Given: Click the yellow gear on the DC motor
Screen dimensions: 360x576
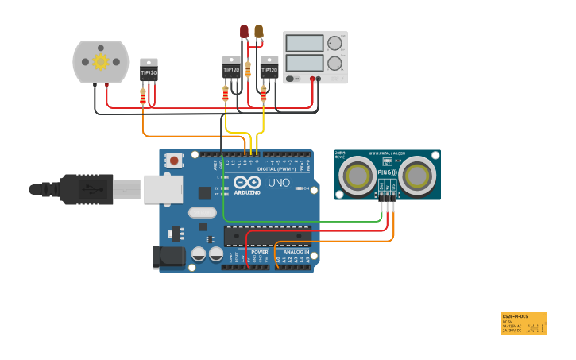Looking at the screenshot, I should coord(101,61).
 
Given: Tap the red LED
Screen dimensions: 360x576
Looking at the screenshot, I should coord(245,32).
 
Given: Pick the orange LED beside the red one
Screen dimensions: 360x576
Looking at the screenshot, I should coord(258,32).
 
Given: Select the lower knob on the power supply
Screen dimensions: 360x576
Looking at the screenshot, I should coord(335,63).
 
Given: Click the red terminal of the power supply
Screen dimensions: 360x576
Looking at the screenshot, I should coord(319,79).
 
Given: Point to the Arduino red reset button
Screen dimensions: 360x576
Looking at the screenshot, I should coord(173,161).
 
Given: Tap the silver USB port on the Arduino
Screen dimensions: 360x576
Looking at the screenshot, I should coord(163,190).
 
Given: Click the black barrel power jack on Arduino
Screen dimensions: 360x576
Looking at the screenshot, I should coord(168,256).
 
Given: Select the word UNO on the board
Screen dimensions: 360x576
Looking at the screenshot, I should coord(278,184).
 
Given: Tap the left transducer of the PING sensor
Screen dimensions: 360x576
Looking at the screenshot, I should coord(358,176).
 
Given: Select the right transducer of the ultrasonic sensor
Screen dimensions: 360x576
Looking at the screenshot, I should coord(417,175).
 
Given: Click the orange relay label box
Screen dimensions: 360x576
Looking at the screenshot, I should coord(524,323).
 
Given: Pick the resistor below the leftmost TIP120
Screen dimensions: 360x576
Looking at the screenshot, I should coord(143,96).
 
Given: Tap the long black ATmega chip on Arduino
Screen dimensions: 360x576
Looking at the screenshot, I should coord(266,235).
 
